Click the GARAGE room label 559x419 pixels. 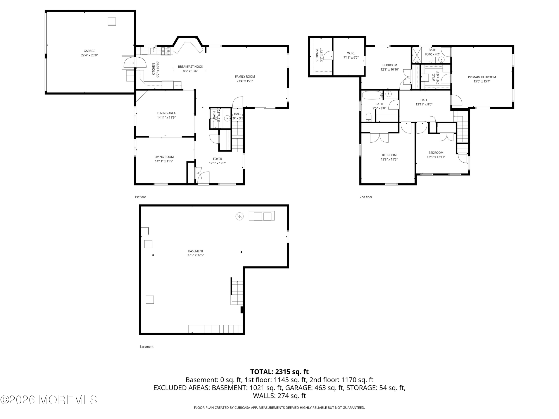90,51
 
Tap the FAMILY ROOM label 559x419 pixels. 245,77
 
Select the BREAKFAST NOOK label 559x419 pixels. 191,67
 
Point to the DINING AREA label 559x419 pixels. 166,113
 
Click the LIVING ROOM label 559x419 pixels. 164,157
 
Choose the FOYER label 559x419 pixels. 217,159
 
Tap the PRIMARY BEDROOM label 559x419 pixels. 482,77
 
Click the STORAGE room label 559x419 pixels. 317,55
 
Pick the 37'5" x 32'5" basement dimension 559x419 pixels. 196,255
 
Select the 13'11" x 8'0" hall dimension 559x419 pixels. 424,104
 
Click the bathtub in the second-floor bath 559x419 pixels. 372,95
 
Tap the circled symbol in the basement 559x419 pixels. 240,216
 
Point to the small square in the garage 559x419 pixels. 112,21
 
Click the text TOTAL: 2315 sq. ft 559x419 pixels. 279,372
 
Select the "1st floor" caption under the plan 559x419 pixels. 140,197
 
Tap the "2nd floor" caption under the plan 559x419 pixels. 366,197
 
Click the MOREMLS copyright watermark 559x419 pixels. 48,400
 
